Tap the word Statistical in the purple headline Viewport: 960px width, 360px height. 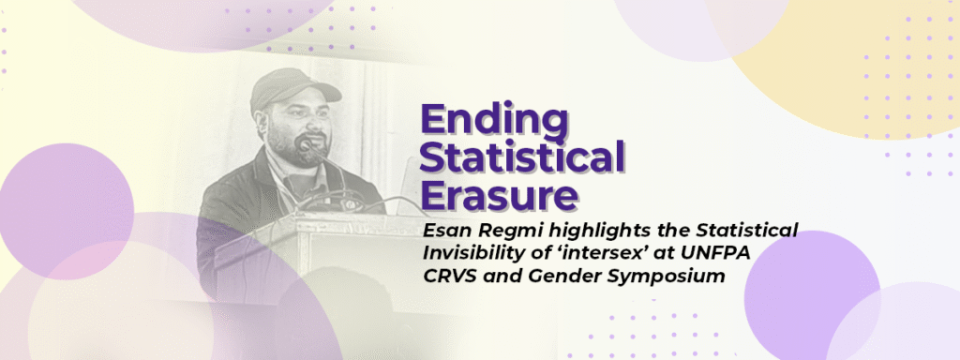click(522, 157)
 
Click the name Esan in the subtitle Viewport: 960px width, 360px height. click(443, 231)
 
